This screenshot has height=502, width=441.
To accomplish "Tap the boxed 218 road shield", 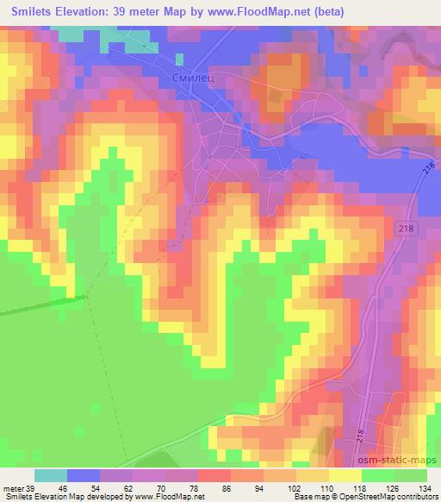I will click(407, 228).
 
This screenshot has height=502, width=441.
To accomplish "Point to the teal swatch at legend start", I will click(51, 475).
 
